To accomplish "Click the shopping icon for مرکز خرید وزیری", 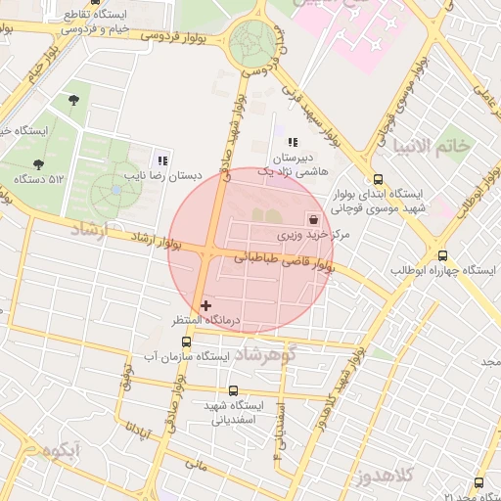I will (313, 219).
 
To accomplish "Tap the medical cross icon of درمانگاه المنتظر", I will (205, 305).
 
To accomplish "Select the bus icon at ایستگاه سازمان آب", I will (187, 342).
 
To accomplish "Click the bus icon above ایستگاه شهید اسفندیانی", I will (233, 390).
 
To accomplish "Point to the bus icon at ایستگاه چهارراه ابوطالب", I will (442, 254).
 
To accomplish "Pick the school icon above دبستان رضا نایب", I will (162, 160).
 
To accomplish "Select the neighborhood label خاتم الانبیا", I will (432, 145).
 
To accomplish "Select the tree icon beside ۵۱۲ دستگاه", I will (39, 164).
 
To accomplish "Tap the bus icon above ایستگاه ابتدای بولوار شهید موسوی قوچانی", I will (378, 179).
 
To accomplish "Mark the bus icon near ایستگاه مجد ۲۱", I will (478, 482).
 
